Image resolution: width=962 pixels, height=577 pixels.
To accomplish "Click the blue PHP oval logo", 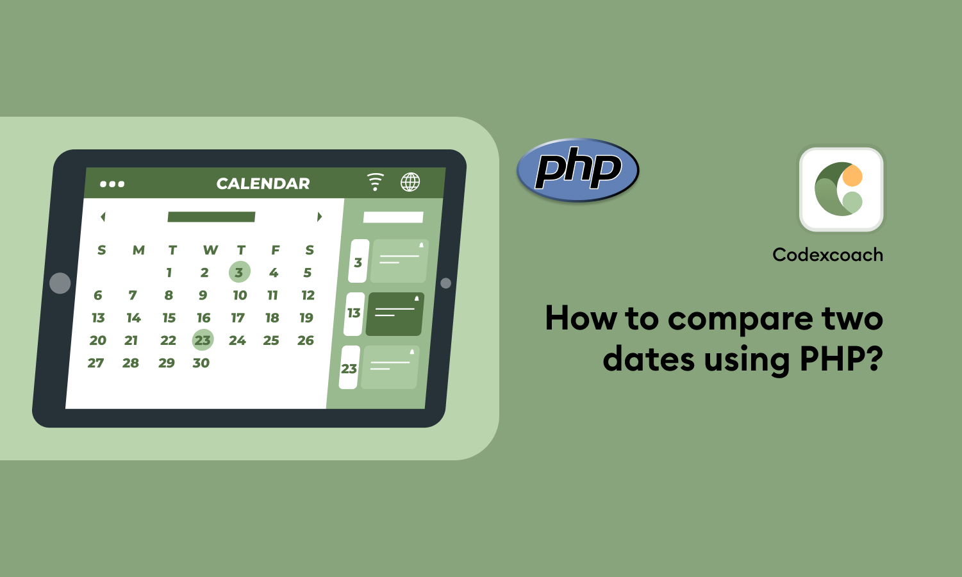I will [577, 170].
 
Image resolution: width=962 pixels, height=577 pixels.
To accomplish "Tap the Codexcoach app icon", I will [841, 190].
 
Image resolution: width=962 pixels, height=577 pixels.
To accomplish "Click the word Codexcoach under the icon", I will [827, 255].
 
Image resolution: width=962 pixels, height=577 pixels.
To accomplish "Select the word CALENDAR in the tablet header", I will [263, 184].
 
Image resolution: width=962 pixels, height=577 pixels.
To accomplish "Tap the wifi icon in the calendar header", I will [375, 181].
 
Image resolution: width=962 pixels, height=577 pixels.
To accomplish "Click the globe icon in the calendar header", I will [410, 182].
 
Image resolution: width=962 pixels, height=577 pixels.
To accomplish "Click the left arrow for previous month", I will [103, 217].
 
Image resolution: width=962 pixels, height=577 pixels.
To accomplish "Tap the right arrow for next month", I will [319, 217].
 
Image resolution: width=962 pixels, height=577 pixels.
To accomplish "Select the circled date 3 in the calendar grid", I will [239, 272].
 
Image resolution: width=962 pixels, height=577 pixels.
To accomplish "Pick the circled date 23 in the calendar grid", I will [203, 340].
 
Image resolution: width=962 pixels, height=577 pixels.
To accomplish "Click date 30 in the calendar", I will [201, 363].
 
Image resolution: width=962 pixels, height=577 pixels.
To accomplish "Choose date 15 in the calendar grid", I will [169, 317].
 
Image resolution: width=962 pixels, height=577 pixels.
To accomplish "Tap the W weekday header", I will [210, 250].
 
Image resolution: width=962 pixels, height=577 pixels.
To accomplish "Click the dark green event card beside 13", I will [394, 314].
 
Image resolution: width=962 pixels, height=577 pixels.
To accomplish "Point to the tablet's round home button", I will [60, 283].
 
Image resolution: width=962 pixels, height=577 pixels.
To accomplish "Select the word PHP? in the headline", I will [841, 359].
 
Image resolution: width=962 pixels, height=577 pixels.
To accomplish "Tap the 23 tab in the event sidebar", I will [349, 368].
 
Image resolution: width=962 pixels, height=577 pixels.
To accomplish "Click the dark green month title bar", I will [211, 217].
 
